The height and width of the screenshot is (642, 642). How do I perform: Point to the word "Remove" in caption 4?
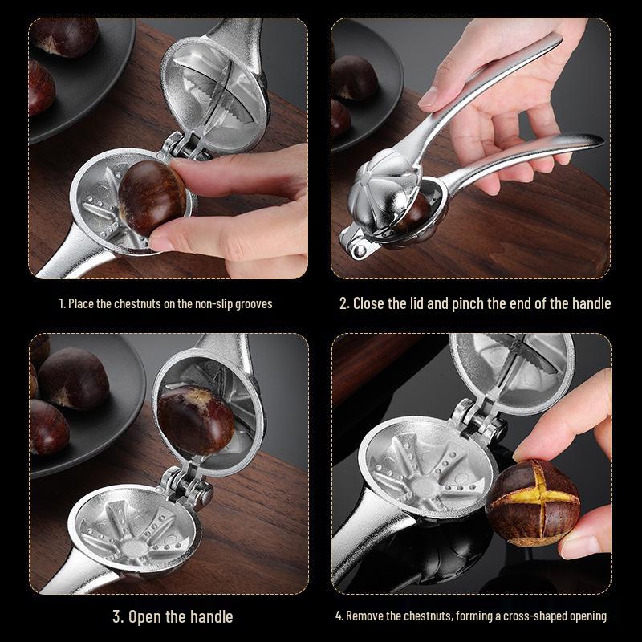point(364,616)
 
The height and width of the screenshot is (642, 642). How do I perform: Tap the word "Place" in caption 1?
point(81,304)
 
